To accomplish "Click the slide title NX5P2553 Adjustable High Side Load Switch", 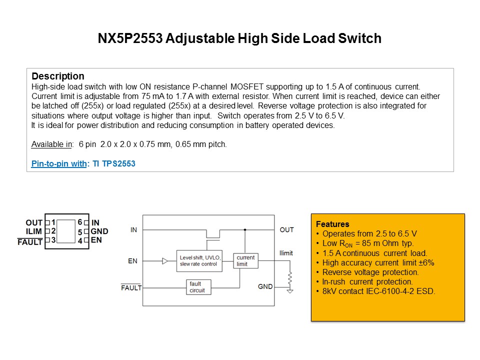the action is pyautogui.click(x=239, y=38).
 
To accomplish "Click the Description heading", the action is pyautogui.click(x=58, y=76).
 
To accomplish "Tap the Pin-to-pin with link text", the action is pyautogui.click(x=59, y=164).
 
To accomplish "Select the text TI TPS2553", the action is pyautogui.click(x=114, y=164).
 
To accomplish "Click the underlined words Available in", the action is pyautogui.click(x=51, y=144).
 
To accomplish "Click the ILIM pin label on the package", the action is pyautogui.click(x=34, y=231).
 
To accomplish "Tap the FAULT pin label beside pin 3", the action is pyautogui.click(x=30, y=242).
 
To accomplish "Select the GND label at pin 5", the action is pyautogui.click(x=99, y=231).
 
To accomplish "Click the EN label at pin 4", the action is pyautogui.click(x=96, y=240).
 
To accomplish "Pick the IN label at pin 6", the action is pyautogui.click(x=95, y=222).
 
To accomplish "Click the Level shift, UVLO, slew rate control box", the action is pyautogui.click(x=199, y=261).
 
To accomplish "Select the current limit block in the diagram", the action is pyautogui.click(x=246, y=261).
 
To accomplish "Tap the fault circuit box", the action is pyautogui.click(x=198, y=287).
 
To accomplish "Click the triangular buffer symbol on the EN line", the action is pyautogui.click(x=165, y=261).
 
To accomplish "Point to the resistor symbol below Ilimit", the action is pyautogui.click(x=290, y=278).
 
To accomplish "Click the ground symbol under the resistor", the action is pyautogui.click(x=290, y=290).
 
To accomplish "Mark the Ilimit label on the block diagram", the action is pyautogui.click(x=286, y=253).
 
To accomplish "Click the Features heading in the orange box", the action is pyautogui.click(x=332, y=224).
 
